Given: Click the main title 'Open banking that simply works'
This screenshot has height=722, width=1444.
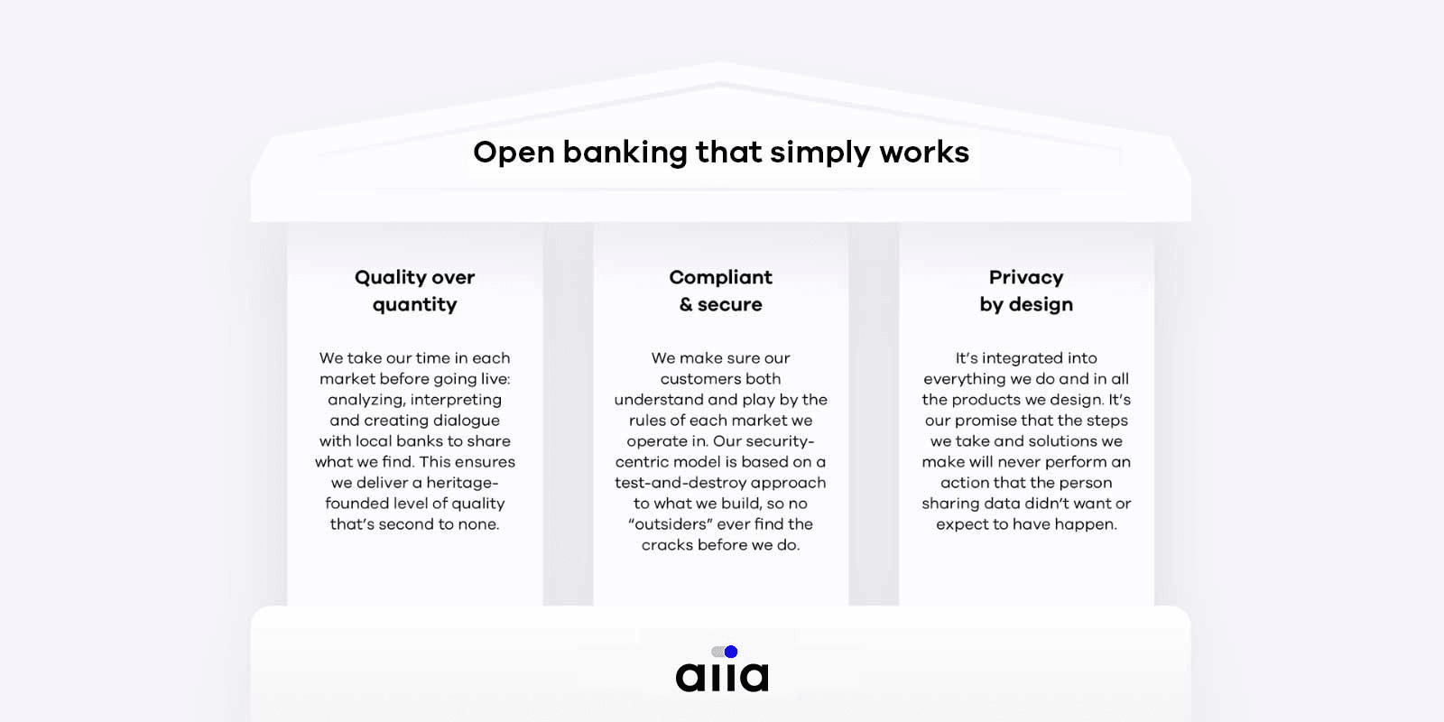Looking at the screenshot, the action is pyautogui.click(x=721, y=153).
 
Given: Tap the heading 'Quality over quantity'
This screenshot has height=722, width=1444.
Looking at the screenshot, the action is pyautogui.click(x=414, y=291).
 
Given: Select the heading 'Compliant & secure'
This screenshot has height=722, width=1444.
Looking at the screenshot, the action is pyautogui.click(x=721, y=291).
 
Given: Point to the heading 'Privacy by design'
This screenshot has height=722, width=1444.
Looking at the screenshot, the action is pyautogui.click(x=1026, y=291).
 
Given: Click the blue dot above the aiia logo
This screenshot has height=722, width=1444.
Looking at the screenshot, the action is pyautogui.click(x=731, y=652).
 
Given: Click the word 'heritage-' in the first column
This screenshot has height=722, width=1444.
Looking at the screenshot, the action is pyautogui.click(x=462, y=483).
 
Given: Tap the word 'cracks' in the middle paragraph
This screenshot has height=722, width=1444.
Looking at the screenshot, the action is pyautogui.click(x=665, y=545).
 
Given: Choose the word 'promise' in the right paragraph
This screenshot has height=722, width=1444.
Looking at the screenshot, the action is pyautogui.click(x=984, y=421).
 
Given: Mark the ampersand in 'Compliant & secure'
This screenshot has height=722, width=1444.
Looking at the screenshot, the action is pyautogui.click(x=686, y=304).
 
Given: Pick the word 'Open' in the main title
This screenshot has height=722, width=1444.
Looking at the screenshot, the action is pyautogui.click(x=514, y=153).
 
